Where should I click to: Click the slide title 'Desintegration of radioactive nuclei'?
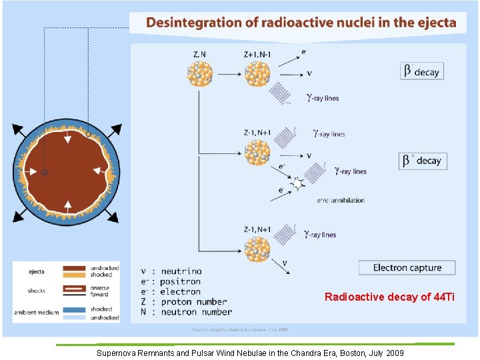coord(301,23)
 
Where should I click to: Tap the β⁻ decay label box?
coord(423,71)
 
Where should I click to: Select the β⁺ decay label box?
coord(423,161)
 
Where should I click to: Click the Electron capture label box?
coord(407,268)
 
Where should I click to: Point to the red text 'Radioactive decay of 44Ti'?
coord(389,297)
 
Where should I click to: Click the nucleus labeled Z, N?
coord(199,73)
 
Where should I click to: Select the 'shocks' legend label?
coord(37,291)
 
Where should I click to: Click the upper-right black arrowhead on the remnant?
coord(116,129)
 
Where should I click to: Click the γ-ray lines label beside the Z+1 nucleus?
coord(323,98)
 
